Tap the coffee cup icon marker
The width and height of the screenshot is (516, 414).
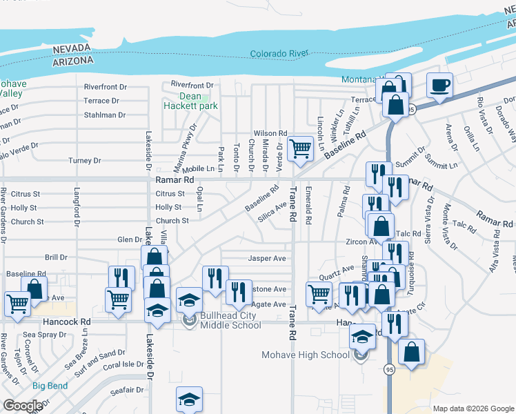439,86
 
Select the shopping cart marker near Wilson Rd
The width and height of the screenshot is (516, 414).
300,148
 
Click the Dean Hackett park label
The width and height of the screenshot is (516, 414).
190,101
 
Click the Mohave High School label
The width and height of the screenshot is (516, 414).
305,355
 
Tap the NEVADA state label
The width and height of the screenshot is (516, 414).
72,48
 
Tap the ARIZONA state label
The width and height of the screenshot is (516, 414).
72,61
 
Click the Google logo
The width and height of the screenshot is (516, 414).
22,405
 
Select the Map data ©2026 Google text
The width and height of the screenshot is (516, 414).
473,408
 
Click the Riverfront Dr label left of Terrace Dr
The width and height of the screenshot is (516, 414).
106,87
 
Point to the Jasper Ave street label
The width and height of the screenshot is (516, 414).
267,259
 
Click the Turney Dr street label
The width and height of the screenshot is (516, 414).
85,161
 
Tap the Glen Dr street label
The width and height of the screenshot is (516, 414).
130,239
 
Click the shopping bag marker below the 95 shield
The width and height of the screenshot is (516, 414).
412,353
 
